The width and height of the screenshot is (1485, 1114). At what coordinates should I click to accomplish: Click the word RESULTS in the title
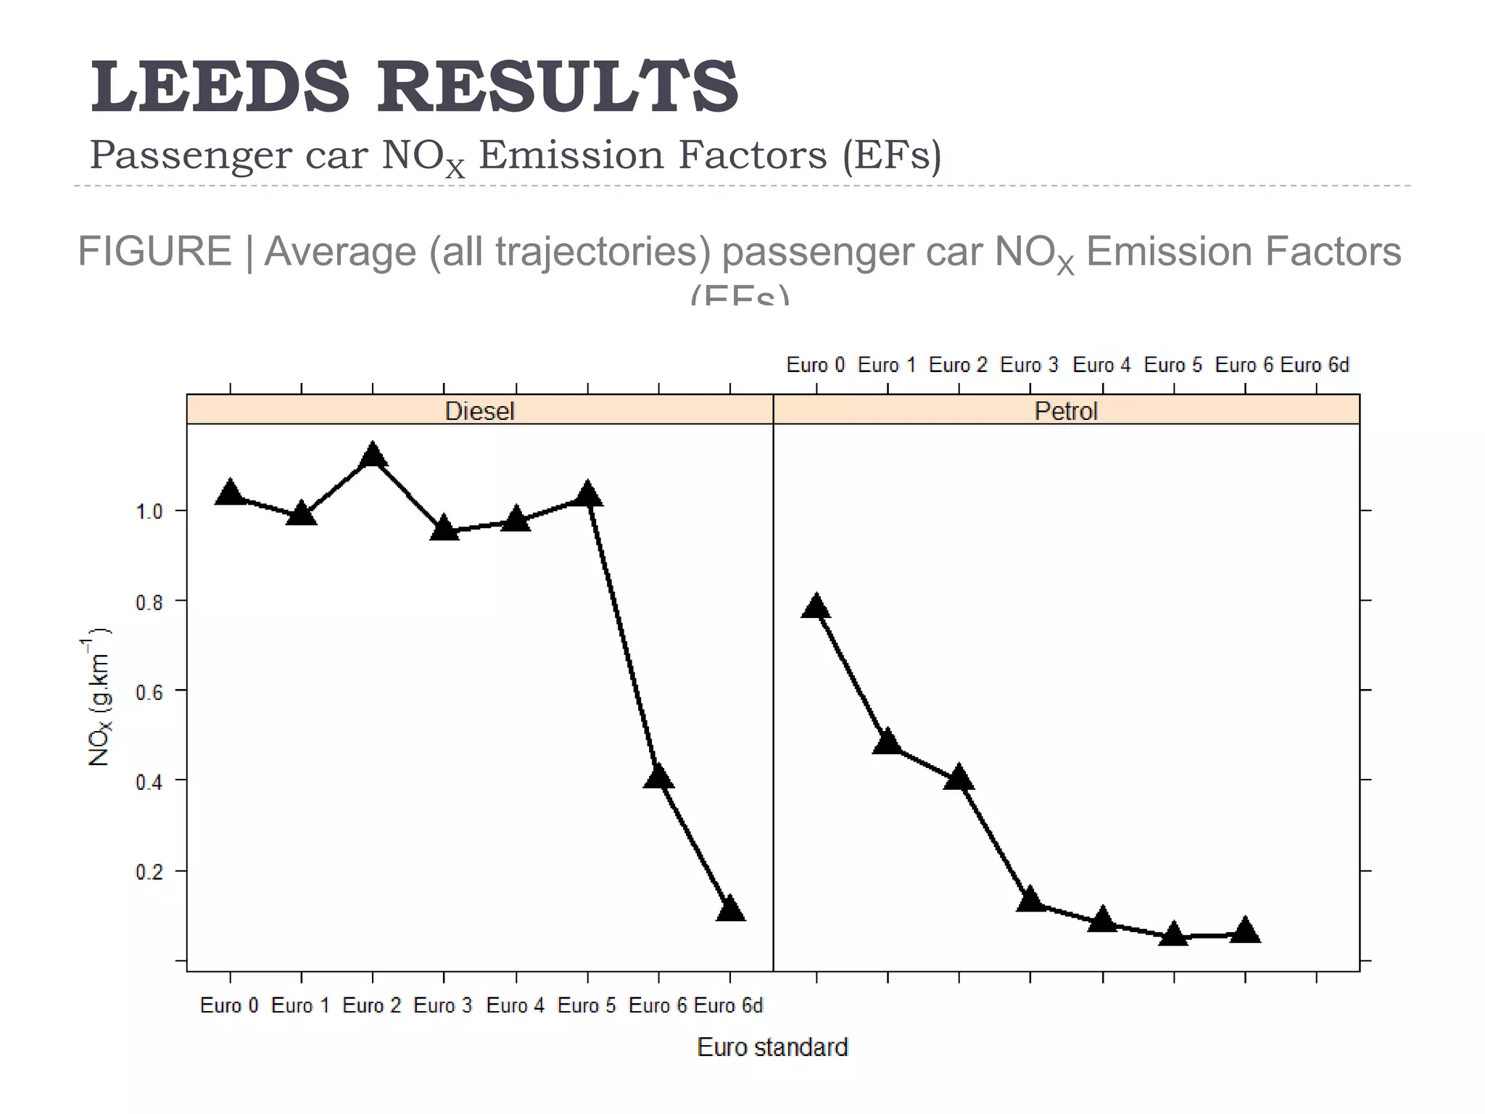557,88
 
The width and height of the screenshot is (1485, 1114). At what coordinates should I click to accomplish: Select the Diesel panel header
479,411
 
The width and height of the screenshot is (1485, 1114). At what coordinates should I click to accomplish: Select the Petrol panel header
1066,411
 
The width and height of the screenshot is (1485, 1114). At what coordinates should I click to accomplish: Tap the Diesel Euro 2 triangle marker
373,456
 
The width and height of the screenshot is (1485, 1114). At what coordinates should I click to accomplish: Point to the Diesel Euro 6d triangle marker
730,909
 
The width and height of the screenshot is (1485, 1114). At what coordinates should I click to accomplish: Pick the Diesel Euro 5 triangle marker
587,495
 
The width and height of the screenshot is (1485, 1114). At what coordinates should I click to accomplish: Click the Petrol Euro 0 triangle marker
816,606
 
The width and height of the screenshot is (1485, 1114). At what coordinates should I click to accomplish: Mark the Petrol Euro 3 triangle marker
1030,900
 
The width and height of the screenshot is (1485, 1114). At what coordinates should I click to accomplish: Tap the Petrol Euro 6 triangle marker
1245,931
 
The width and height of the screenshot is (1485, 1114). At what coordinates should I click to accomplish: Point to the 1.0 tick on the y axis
149,511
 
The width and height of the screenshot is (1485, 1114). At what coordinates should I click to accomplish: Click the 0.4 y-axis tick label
149,781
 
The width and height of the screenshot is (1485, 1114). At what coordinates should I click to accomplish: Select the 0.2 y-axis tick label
149,871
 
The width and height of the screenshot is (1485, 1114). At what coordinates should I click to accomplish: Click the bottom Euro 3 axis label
442,1005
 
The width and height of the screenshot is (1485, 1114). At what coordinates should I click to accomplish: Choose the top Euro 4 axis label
1101,365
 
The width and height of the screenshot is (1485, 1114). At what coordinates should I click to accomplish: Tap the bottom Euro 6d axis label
728,1005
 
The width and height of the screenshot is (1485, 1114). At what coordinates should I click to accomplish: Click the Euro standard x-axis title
772,1047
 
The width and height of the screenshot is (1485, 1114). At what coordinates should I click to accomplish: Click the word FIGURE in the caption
154,252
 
